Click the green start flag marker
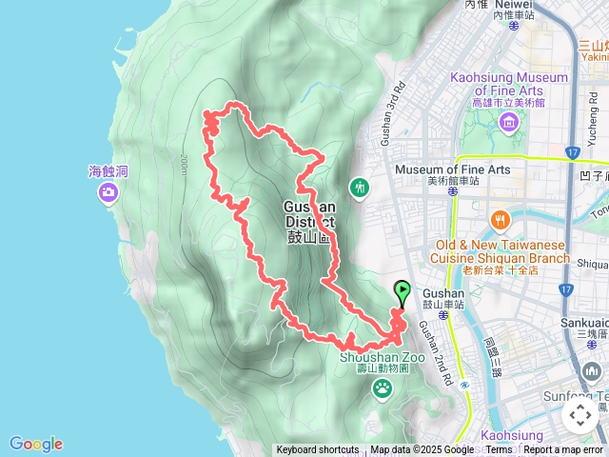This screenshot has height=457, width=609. click(x=402, y=291)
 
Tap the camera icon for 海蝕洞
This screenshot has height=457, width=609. click(x=108, y=193)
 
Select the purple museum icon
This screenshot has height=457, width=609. click(x=509, y=121)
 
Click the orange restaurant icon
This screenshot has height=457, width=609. click(x=501, y=222)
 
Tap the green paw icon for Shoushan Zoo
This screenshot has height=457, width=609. click(x=383, y=387)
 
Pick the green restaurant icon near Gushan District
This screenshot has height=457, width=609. click(x=359, y=187)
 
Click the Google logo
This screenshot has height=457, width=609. click(x=36, y=444)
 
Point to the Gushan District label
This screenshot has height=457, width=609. click(x=309, y=222)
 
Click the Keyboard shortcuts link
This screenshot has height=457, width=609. click(x=318, y=450)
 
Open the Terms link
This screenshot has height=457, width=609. click(x=499, y=450)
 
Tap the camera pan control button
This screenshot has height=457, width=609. click(x=580, y=415)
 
